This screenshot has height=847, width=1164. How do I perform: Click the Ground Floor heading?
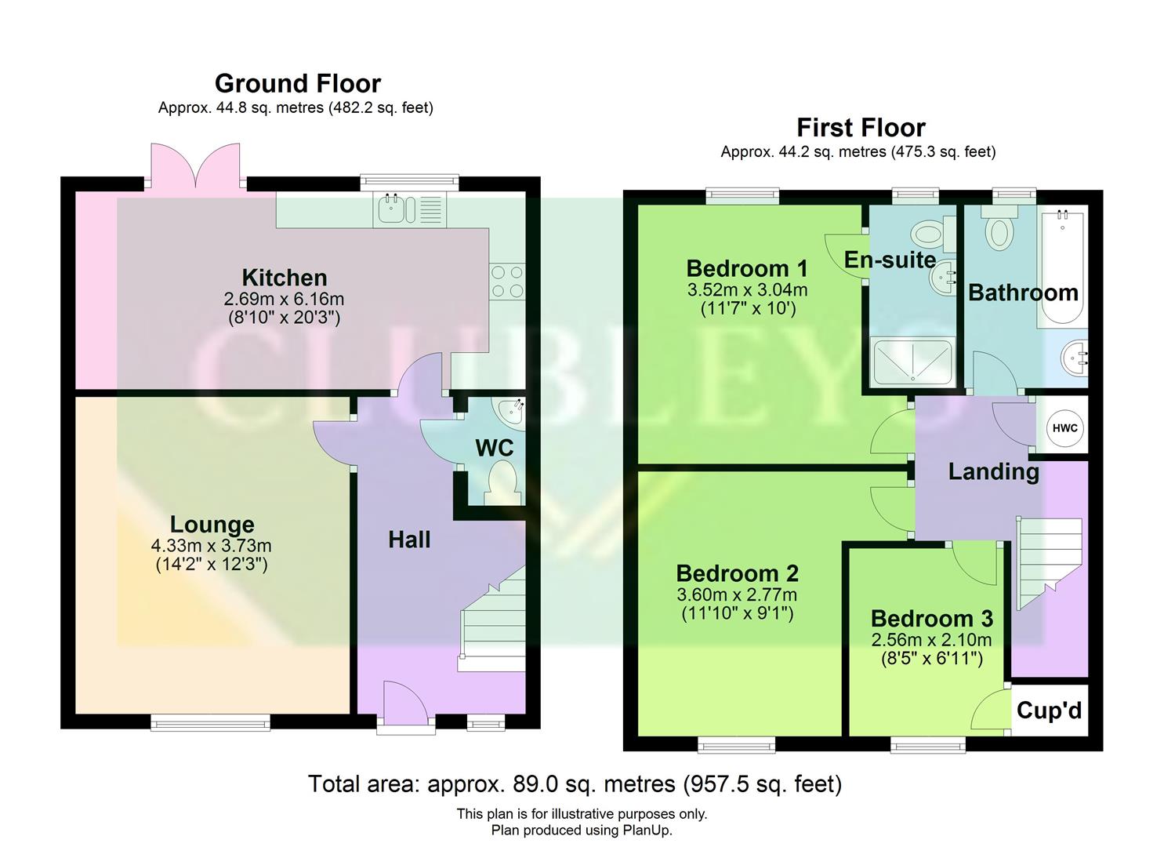click(297, 83)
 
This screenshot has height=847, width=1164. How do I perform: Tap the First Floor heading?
click(861, 127)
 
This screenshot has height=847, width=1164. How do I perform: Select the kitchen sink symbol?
click(390, 209)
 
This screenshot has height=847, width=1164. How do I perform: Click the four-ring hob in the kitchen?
click(507, 282)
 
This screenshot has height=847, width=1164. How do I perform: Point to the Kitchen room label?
click(284, 278)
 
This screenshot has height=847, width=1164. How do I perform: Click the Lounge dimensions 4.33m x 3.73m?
click(212, 546)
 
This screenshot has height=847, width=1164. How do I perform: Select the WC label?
click(495, 448)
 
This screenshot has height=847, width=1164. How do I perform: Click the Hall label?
click(409, 540)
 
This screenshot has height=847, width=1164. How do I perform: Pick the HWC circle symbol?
click(1064, 428)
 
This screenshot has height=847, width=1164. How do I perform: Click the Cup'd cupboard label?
click(1049, 711)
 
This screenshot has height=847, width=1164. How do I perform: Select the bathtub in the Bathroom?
click(1062, 267)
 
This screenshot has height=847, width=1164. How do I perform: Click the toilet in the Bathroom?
click(1000, 230)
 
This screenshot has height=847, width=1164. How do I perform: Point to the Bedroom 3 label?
click(931, 619)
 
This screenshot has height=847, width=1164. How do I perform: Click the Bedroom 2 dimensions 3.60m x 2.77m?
click(737, 594)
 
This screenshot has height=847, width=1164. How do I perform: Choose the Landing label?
click(993, 471)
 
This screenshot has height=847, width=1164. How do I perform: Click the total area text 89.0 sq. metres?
click(575, 783)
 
